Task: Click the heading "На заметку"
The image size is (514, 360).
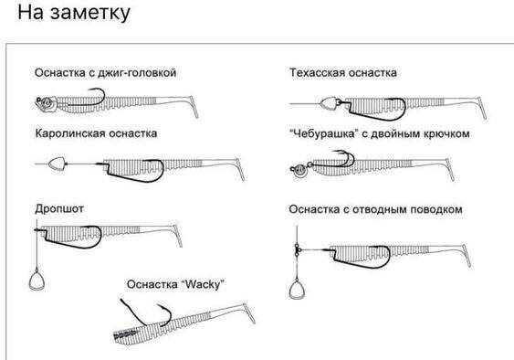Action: pyautogui.click(x=74, y=13)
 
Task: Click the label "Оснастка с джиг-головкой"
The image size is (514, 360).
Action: pyautogui.click(x=105, y=72)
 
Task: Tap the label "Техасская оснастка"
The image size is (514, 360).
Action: pyautogui.click(x=343, y=72)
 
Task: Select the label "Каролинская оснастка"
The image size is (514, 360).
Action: pyautogui.click(x=96, y=133)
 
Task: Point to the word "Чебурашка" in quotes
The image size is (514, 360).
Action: pyautogui.click(x=323, y=133)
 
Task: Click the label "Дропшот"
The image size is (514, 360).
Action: pyautogui.click(x=59, y=209)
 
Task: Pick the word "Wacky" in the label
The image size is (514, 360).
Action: pyautogui.click(x=203, y=284)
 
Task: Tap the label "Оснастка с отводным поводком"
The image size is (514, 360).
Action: pyautogui.click(x=375, y=209)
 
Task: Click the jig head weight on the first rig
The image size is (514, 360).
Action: pyautogui.click(x=46, y=103)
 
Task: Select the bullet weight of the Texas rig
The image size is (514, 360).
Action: pyautogui.click(x=329, y=103)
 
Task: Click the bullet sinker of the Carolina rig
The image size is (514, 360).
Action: pyautogui.click(x=57, y=164)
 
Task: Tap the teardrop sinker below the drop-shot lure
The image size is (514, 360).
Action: pyautogui.click(x=37, y=281)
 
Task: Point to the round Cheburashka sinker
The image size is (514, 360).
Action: pyautogui.click(x=299, y=170)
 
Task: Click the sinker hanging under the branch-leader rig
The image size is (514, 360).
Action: pyautogui.click(x=297, y=289)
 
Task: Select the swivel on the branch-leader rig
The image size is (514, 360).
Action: pyautogui.click(x=297, y=250)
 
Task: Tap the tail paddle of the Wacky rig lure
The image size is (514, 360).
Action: pyautogui.click(x=249, y=313)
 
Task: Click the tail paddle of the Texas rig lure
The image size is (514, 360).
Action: pyautogui.click(x=482, y=108)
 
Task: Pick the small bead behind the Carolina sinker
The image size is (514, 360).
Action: pyautogui.click(x=68, y=164)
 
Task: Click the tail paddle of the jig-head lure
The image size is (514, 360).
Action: pyautogui.click(x=194, y=107)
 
